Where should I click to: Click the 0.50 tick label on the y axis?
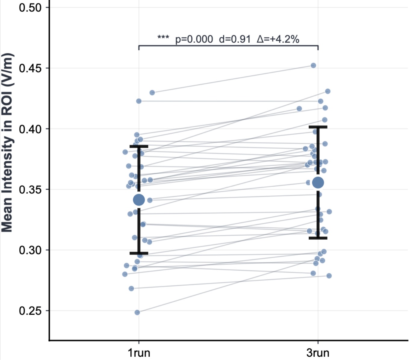coord(30,8)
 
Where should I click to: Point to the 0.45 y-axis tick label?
coord(30,68)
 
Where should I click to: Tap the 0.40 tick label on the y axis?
coord(30,129)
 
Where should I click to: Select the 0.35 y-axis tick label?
coord(30,190)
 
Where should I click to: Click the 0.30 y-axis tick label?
coord(30,250)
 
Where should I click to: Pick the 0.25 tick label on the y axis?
coord(30,311)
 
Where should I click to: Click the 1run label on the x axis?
coord(139,353)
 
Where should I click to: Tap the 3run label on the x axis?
coord(318,353)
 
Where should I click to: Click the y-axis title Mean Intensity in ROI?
coord(7,142)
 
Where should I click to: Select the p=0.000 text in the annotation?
coord(194,39)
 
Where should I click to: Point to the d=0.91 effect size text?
coord(235,39)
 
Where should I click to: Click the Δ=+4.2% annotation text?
coord(278,39)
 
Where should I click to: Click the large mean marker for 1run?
coord(139,200)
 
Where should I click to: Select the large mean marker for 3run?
coord(318,182)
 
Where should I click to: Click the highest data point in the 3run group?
coord(313,65)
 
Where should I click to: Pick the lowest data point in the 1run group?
coord(137,312)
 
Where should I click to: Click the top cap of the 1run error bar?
coord(139,146)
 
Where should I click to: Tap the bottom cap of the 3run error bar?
coord(318,238)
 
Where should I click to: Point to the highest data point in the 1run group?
coord(152,93)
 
